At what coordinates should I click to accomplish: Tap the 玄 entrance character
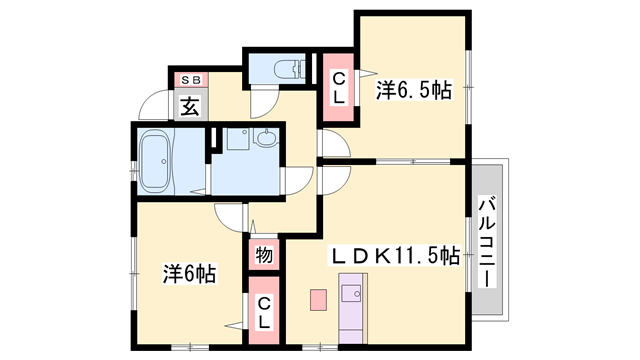click(190, 103)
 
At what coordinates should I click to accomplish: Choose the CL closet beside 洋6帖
click(263, 314)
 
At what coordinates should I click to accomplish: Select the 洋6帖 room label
click(190, 272)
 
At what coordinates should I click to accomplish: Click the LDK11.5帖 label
click(395, 256)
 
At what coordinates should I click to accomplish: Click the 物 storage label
click(263, 255)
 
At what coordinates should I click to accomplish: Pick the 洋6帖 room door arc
click(227, 215)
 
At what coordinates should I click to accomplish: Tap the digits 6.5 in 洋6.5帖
click(416, 91)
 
